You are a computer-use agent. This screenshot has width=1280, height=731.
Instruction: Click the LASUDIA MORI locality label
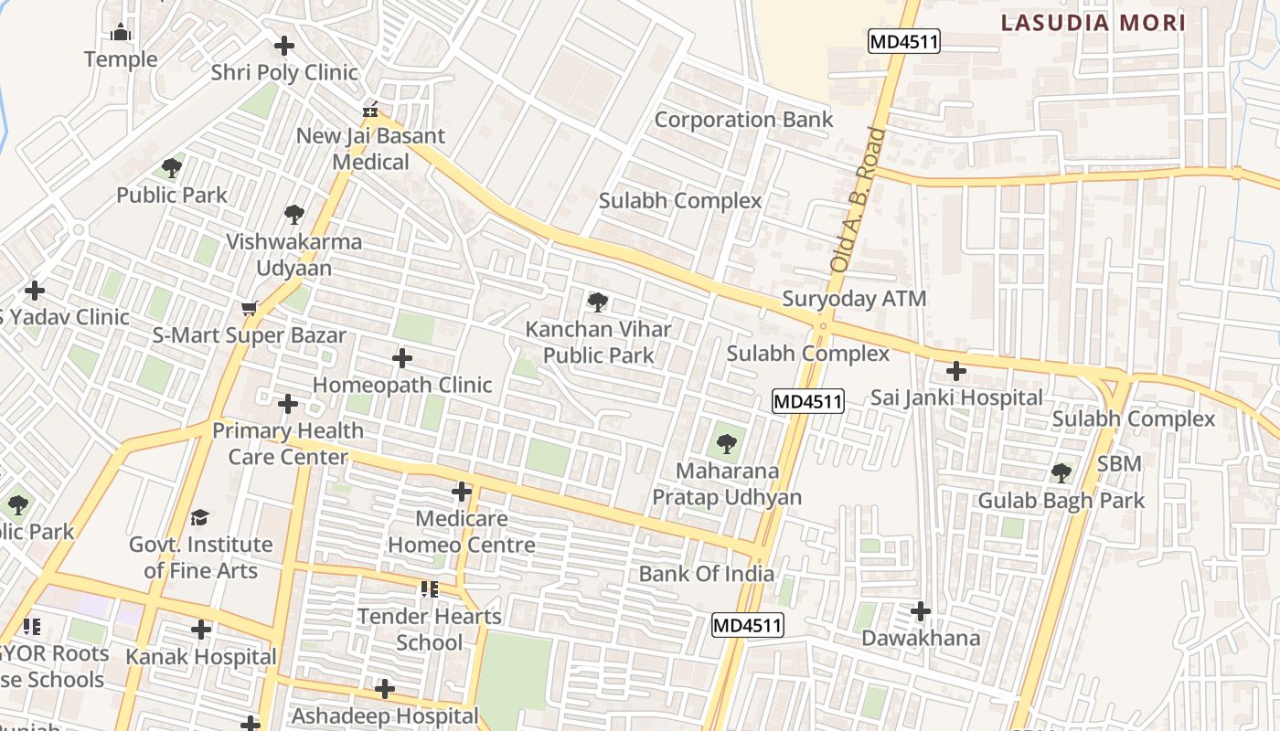(1093, 23)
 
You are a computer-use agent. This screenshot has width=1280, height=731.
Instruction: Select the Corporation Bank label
(743, 120)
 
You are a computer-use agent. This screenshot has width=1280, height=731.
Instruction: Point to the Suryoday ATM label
(854, 299)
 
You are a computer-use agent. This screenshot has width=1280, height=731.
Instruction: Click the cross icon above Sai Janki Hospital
(956, 371)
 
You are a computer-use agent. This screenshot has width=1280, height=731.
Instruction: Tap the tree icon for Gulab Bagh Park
(1061, 473)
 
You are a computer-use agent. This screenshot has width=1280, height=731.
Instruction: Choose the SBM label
(1119, 463)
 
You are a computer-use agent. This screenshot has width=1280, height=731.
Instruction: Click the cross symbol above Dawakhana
(921, 611)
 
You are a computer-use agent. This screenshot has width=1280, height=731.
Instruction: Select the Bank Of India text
(706, 574)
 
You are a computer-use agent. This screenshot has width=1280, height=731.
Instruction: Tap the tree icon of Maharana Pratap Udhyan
(727, 445)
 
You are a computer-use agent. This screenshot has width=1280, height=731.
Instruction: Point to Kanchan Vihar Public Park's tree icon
(598, 302)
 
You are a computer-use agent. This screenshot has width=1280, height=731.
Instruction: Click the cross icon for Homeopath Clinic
(401, 358)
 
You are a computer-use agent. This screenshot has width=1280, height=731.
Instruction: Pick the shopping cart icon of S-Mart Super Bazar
(249, 309)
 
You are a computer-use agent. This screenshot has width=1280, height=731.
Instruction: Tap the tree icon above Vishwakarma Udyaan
(293, 215)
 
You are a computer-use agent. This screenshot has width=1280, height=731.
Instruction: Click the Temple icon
(121, 34)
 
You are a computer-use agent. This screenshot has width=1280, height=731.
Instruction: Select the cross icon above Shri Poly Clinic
(284, 46)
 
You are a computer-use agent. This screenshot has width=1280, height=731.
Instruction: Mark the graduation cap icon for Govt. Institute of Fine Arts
(200, 518)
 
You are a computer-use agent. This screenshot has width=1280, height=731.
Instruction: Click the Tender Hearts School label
(429, 629)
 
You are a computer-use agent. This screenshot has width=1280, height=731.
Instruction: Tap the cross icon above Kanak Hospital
(201, 630)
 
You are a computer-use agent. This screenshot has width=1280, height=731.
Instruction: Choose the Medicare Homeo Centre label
(462, 532)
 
